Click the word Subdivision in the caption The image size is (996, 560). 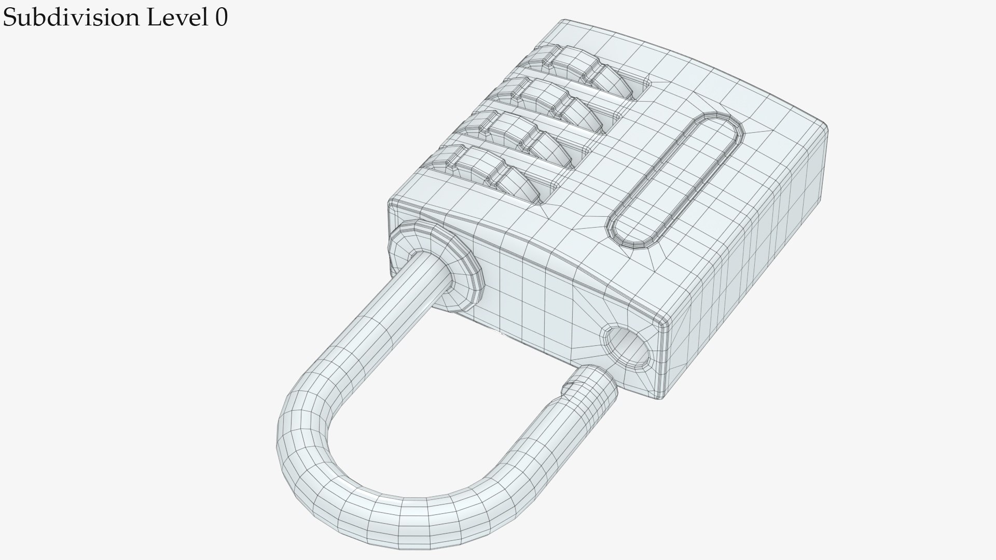tap(71, 19)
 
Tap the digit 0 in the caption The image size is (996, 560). tap(221, 18)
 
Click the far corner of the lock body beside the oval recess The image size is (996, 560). tap(822, 124)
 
